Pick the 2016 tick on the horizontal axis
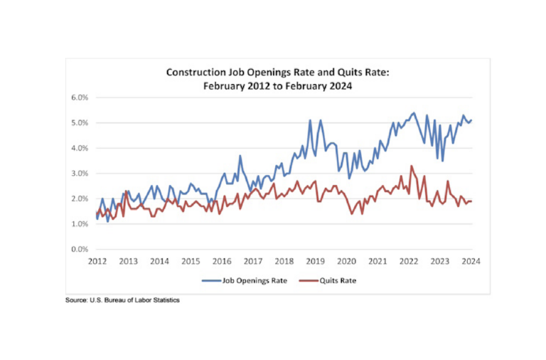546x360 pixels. pyautogui.click(x=222, y=262)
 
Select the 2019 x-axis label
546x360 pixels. pyautogui.click(x=316, y=262)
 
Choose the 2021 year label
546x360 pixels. pyautogui.click(x=378, y=262)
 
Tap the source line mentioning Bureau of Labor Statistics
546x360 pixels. pyautogui.click(x=122, y=301)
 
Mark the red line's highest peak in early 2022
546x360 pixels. pyautogui.click(x=411, y=166)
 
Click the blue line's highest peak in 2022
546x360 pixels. pyautogui.click(x=414, y=112)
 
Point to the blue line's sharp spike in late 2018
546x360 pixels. pyautogui.click(x=310, y=120)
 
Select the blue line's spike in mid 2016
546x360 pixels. pyautogui.click(x=240, y=156)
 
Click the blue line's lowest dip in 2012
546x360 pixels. pyautogui.click(x=108, y=221)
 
